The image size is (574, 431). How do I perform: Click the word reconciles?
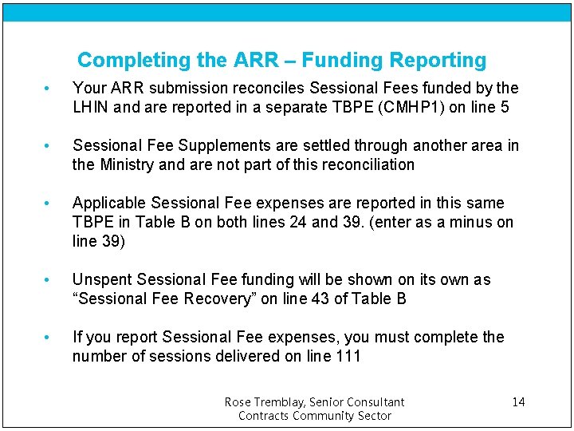click(x=266, y=88)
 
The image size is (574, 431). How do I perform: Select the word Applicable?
click(x=109, y=203)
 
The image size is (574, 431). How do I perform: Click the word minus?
click(x=467, y=222)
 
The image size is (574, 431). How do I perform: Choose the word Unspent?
click(x=102, y=279)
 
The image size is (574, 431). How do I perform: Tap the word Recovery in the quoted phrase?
click(x=218, y=299)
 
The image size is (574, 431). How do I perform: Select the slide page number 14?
click(x=518, y=402)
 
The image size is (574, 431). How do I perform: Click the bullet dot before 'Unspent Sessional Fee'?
click(x=49, y=280)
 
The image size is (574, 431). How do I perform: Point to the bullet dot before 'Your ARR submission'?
click(x=49, y=89)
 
